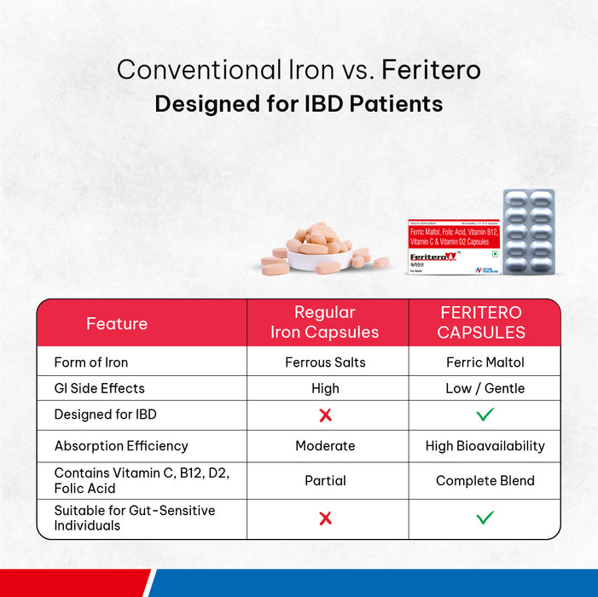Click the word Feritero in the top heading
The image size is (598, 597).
(x=431, y=69)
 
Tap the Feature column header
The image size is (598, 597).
(x=117, y=323)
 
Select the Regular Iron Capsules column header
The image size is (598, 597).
(x=325, y=322)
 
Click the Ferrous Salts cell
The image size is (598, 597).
(x=325, y=362)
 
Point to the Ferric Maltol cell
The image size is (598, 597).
(x=485, y=362)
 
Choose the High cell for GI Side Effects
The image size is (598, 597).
(x=325, y=388)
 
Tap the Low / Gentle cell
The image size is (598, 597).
(x=485, y=388)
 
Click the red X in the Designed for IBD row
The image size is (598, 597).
(x=325, y=415)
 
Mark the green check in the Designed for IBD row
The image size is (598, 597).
(x=485, y=415)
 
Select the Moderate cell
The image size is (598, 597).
(x=325, y=446)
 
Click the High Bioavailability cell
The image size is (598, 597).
(x=485, y=446)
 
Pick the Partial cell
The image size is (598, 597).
(x=325, y=480)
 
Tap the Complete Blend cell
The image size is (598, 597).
(x=485, y=480)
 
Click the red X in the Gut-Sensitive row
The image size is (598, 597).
(x=325, y=518)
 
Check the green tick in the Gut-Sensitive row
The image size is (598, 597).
(x=485, y=518)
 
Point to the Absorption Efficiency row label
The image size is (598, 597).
(x=121, y=446)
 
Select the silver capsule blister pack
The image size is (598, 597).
(x=529, y=233)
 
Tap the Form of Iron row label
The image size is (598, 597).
(x=91, y=362)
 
